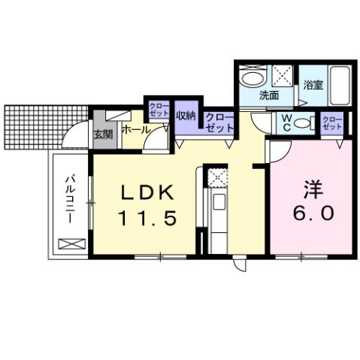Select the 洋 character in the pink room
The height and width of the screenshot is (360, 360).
click(x=310, y=186)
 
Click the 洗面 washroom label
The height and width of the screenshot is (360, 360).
click(x=269, y=95)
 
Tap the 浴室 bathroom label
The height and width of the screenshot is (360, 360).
click(x=313, y=85)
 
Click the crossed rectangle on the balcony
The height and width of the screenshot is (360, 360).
click(x=70, y=244)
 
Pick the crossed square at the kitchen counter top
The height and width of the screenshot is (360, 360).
click(x=216, y=177)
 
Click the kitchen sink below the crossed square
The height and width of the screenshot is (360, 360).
click(x=216, y=201)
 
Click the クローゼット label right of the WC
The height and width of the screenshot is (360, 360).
click(x=331, y=122)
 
